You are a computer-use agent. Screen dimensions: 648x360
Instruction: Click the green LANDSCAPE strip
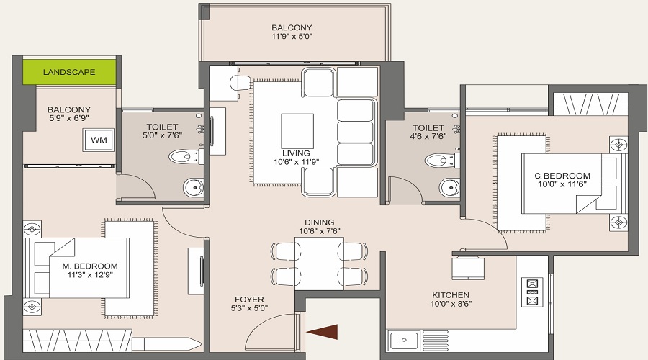69,72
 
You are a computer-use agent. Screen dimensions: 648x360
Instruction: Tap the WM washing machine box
99,140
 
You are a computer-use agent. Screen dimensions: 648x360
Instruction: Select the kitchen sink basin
403,341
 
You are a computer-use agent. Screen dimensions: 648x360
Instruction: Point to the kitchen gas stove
532,292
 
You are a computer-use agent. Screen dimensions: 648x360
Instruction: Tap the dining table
320,264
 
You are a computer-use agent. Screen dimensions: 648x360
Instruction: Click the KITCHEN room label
451,295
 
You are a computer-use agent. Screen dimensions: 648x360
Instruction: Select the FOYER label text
249,300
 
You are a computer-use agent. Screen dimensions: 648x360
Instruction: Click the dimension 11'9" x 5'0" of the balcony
292,37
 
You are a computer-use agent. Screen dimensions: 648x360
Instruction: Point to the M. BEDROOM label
90,266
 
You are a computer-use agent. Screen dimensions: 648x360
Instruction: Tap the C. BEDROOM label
562,176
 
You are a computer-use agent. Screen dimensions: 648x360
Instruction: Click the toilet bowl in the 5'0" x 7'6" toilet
184,157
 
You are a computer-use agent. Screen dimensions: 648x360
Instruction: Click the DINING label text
319,222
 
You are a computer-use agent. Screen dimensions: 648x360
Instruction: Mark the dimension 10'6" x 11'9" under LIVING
297,162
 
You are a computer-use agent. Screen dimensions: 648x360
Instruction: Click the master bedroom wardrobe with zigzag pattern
77,341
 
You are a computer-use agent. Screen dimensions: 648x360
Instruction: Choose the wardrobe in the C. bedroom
590,104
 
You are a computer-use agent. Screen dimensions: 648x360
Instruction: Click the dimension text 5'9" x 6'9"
68,118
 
